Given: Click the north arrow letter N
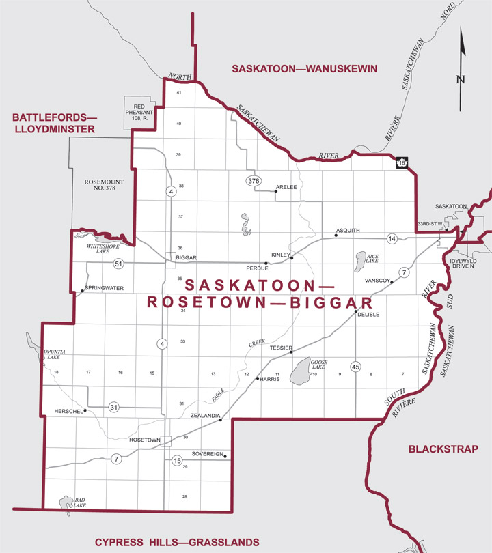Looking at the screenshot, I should click(461, 79).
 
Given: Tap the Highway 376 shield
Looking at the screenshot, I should click(254, 180).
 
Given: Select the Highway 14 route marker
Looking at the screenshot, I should click(392, 238).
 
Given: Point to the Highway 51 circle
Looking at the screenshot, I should click(119, 264).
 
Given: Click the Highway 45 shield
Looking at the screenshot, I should click(355, 367).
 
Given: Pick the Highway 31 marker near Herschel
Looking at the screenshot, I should click(114, 408).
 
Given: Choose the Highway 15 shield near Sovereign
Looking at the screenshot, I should click(177, 462).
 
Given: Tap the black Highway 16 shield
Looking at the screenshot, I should click(402, 163).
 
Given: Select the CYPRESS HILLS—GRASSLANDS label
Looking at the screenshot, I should click(176, 542).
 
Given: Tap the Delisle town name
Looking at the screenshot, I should click(367, 315).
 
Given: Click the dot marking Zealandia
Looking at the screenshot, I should click(221, 421).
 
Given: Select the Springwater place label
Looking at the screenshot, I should click(105, 288).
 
